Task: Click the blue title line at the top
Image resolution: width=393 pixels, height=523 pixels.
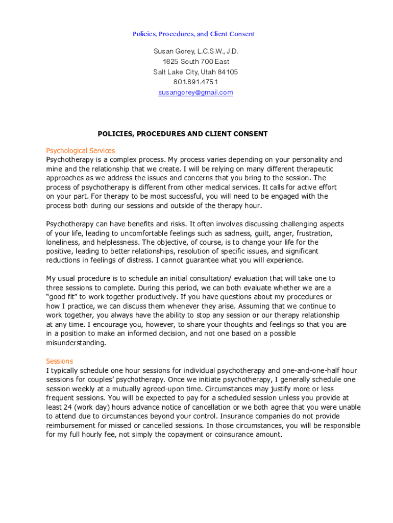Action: (193, 34)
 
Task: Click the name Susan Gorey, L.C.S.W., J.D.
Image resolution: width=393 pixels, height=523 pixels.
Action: (195, 52)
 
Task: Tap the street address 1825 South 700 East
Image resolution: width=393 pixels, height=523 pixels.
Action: (195, 62)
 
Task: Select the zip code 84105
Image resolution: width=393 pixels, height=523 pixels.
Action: (228, 72)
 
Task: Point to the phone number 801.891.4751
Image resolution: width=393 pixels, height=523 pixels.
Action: (195, 82)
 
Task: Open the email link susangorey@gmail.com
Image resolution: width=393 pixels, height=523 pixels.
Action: (195, 92)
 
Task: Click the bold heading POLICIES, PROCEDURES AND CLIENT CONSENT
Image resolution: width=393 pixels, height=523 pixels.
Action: (182, 134)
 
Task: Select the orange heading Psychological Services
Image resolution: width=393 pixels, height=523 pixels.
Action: (80, 151)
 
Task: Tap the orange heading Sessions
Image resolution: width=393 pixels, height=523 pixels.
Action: (60, 361)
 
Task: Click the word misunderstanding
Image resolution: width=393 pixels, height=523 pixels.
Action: (76, 343)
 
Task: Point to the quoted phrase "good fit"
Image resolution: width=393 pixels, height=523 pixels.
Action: (62, 297)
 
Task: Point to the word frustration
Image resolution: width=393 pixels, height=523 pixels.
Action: (314, 233)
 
